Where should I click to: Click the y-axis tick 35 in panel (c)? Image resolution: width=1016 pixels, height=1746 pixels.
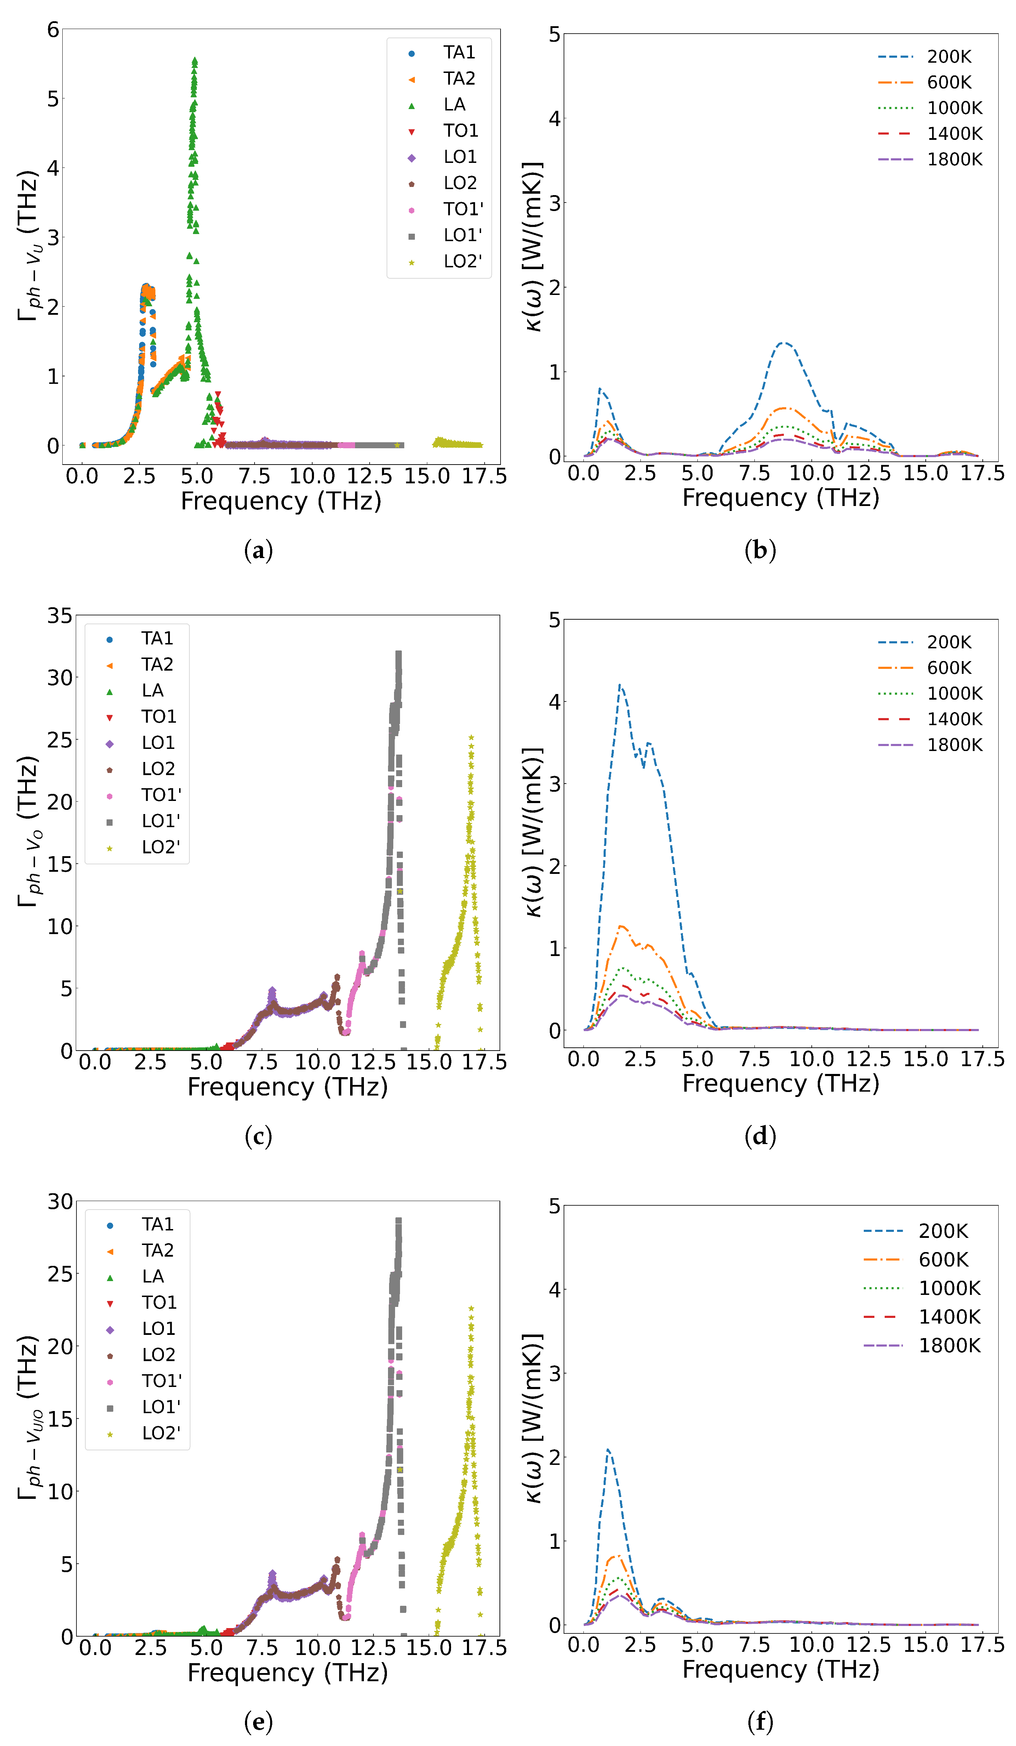(x=59, y=615)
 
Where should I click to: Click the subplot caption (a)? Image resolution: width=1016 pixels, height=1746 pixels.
(x=258, y=551)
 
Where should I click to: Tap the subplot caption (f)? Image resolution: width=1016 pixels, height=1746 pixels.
(x=760, y=1722)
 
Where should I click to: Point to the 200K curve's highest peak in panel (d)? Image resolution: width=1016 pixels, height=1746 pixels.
(x=620, y=685)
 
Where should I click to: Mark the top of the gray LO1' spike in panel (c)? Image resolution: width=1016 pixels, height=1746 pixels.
(x=398, y=653)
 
